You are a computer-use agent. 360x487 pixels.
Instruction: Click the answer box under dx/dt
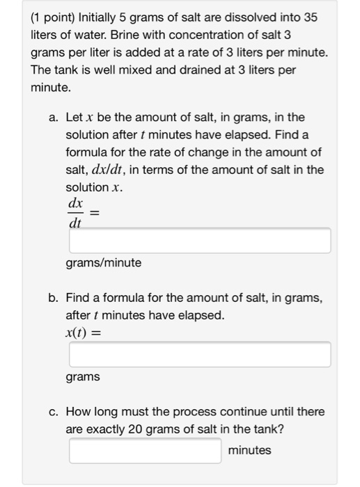(x=199, y=241)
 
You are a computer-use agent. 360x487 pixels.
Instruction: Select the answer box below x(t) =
(x=199, y=354)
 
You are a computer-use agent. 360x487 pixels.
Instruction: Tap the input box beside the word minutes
(x=145, y=450)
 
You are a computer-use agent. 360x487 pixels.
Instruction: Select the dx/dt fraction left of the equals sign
(x=75, y=212)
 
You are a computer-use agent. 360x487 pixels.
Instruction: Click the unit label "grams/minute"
(x=103, y=263)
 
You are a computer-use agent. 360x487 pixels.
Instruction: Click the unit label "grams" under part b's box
(x=82, y=376)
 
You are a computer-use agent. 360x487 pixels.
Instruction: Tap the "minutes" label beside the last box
(x=249, y=450)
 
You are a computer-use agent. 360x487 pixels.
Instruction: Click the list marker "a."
(x=54, y=118)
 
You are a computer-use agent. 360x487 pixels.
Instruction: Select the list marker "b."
(x=54, y=298)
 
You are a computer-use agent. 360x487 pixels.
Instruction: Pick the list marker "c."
(x=54, y=412)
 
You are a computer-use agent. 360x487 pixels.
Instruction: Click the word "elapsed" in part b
(x=197, y=315)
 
